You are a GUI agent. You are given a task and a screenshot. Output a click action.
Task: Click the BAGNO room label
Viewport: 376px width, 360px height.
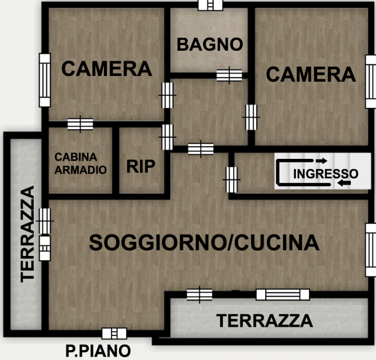tap(210, 45)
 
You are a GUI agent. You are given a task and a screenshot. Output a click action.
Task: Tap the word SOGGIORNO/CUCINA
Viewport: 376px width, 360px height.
tap(204, 243)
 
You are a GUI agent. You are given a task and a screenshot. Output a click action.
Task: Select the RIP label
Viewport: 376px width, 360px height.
tap(141, 166)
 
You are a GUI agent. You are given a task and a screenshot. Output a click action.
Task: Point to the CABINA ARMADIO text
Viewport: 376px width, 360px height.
tap(81, 163)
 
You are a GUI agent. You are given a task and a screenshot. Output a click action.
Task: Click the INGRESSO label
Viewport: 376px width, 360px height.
tap(326, 174)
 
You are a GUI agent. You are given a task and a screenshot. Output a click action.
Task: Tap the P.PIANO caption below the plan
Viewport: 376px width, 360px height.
tap(98, 351)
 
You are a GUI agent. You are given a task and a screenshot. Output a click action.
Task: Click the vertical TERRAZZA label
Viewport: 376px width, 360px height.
tap(27, 234)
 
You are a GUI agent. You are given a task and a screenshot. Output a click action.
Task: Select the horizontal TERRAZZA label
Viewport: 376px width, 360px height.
tap(265, 321)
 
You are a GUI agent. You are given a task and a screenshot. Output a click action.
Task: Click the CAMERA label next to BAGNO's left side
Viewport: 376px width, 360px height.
tap(107, 69)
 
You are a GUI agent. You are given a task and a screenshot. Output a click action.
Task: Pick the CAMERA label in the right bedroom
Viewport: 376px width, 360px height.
tap(311, 74)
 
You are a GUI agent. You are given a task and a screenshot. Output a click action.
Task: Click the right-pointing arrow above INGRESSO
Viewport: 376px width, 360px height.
tap(321, 161)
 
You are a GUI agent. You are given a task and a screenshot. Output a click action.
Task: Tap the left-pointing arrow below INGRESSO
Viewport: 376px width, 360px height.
tap(344, 183)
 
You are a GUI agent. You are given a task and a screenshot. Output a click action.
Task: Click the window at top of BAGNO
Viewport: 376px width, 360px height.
tap(210, 5)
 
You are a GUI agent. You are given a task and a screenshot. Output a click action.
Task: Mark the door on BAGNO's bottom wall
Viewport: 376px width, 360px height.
tap(229, 75)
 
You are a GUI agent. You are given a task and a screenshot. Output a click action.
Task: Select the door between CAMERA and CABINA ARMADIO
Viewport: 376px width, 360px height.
tap(80, 124)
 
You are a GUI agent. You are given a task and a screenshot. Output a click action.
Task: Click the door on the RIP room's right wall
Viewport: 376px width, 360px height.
tap(167, 137)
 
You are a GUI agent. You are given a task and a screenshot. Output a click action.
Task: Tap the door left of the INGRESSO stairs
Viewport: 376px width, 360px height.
tap(231, 179)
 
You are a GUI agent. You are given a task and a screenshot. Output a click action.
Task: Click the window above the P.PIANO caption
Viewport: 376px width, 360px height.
tap(114, 334)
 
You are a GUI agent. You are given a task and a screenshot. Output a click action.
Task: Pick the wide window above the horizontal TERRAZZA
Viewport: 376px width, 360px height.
tap(283, 294)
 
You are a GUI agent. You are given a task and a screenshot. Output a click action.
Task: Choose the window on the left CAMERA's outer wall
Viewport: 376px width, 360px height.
tap(45, 80)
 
